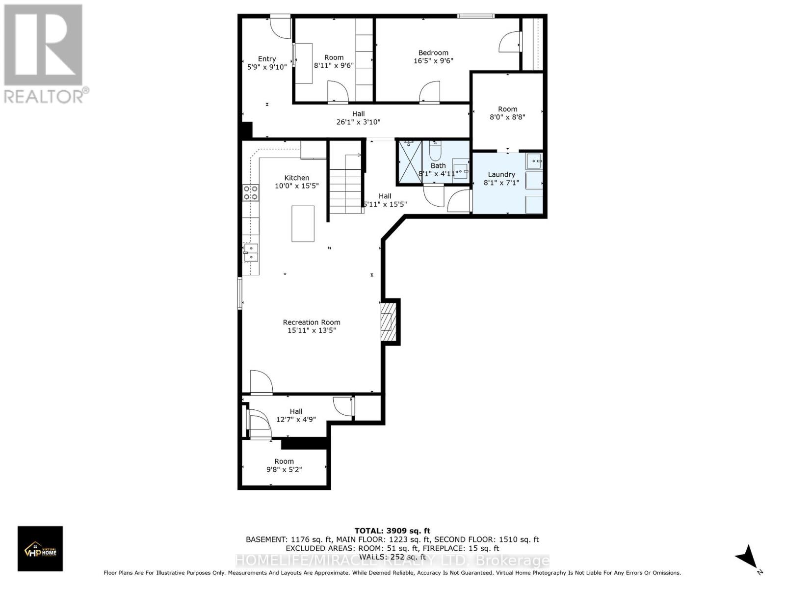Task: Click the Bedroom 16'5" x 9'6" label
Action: (433, 56)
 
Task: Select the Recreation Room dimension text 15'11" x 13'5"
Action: (312, 330)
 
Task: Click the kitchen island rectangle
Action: (303, 224)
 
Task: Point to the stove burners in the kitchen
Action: (251, 192)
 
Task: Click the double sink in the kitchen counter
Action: (251, 252)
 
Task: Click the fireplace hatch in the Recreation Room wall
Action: (389, 321)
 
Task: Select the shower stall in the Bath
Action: (410, 162)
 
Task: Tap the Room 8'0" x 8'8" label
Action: (507, 113)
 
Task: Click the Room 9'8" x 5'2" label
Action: (284, 465)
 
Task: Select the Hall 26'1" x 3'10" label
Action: (358, 118)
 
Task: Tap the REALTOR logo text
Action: (47, 95)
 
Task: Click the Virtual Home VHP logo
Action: (40, 548)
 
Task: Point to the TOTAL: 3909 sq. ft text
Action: (392, 531)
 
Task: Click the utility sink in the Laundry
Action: (534, 161)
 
